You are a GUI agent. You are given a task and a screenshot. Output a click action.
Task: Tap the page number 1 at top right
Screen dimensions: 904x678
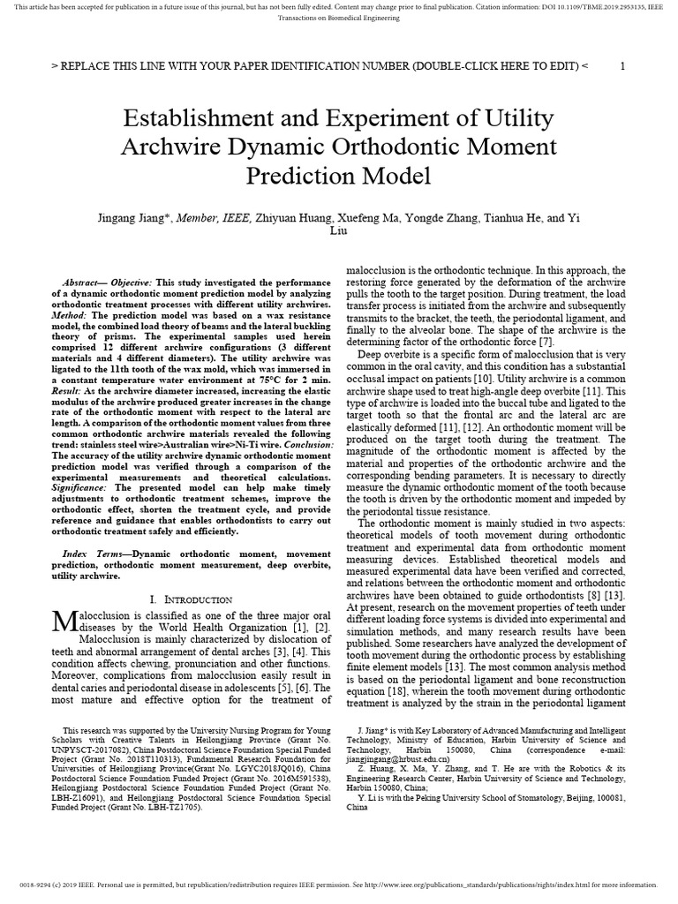[623, 66]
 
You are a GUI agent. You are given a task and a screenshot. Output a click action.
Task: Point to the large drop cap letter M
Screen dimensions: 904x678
[65, 621]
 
